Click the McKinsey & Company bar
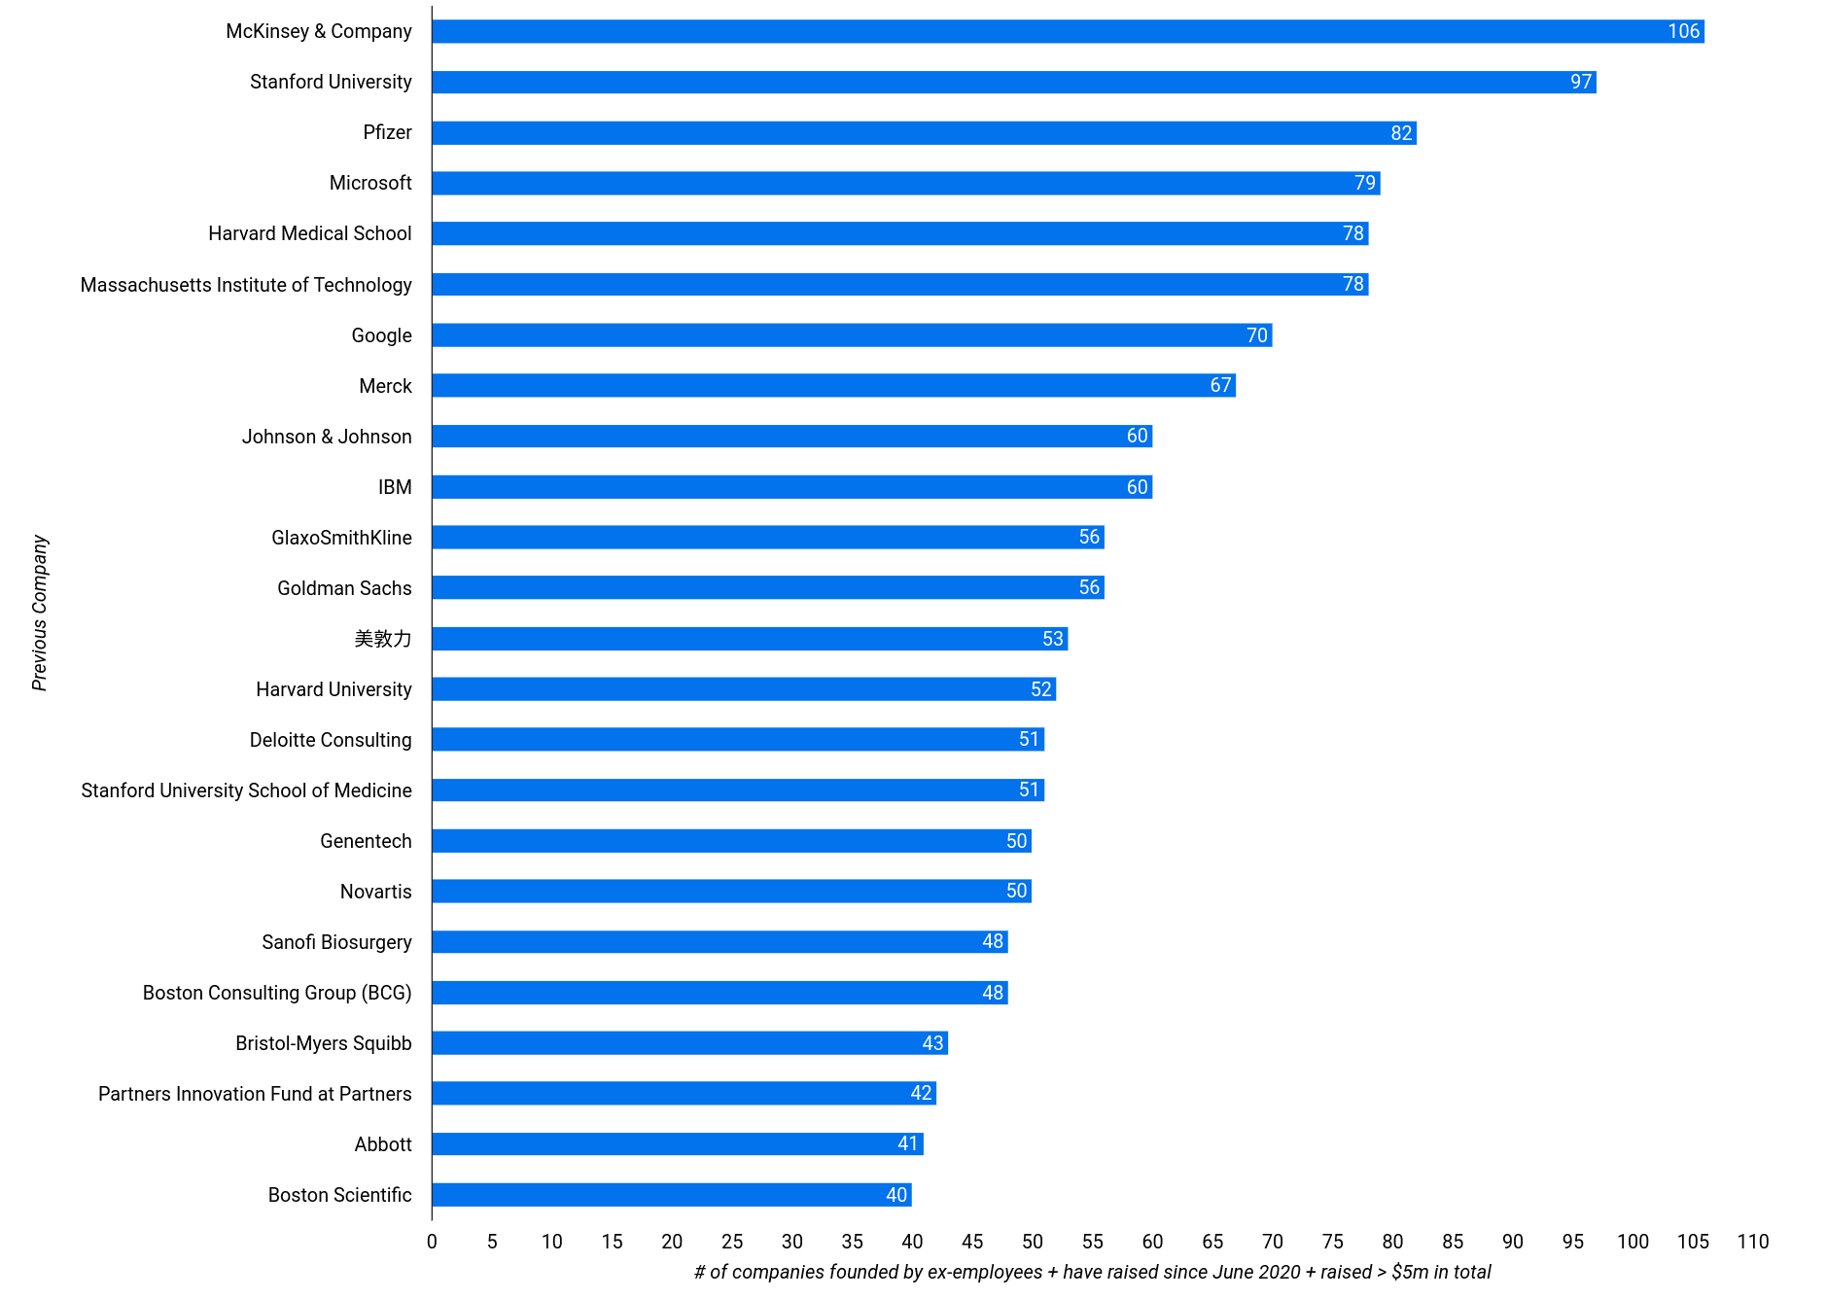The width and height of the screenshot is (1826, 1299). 1067,31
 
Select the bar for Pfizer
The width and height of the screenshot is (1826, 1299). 924,132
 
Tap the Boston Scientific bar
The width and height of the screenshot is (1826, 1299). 671,1195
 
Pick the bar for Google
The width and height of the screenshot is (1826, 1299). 852,335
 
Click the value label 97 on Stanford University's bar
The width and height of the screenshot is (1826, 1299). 1581,82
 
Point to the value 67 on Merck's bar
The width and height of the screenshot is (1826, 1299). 1220,386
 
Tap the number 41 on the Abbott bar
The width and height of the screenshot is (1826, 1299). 908,1144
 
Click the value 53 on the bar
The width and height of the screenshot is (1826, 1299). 1053,639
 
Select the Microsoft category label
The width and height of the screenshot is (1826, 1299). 370,183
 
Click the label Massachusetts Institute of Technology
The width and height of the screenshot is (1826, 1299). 246,285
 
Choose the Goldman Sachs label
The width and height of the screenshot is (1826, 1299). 344,588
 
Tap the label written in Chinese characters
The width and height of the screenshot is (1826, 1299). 383,639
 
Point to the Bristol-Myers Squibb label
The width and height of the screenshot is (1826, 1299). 324,1043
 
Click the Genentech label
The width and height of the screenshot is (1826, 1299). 366,841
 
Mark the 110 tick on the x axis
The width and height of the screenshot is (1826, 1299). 1753,1242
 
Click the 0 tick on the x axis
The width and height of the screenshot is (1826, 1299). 432,1242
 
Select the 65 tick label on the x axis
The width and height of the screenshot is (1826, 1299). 1212,1242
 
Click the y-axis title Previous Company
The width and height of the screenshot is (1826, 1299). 40,613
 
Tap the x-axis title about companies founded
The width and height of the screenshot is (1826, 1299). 1092,1273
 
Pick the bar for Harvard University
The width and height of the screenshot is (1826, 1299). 744,689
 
